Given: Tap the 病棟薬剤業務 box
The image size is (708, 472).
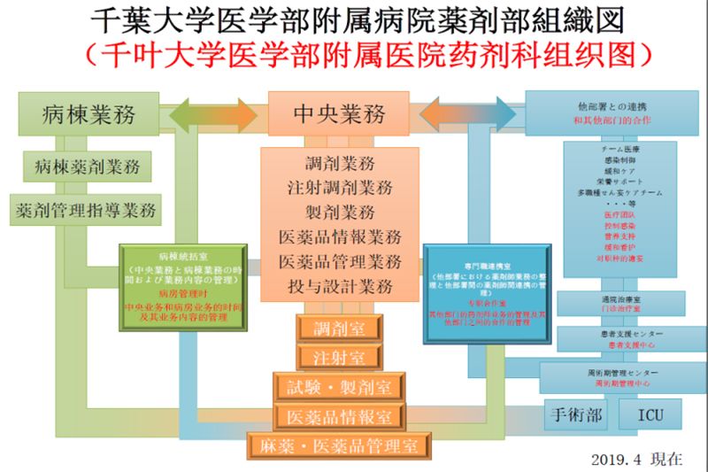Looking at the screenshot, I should pos(88,166).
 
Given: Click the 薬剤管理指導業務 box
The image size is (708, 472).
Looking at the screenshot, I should pos(86,210).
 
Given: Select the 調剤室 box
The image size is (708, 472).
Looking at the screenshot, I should pos(338,328).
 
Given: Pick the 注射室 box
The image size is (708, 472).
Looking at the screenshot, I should pos(338,357).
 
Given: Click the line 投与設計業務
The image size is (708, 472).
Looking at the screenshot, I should pos(340,287).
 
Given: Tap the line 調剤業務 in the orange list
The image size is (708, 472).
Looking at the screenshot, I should pos(340,163).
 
